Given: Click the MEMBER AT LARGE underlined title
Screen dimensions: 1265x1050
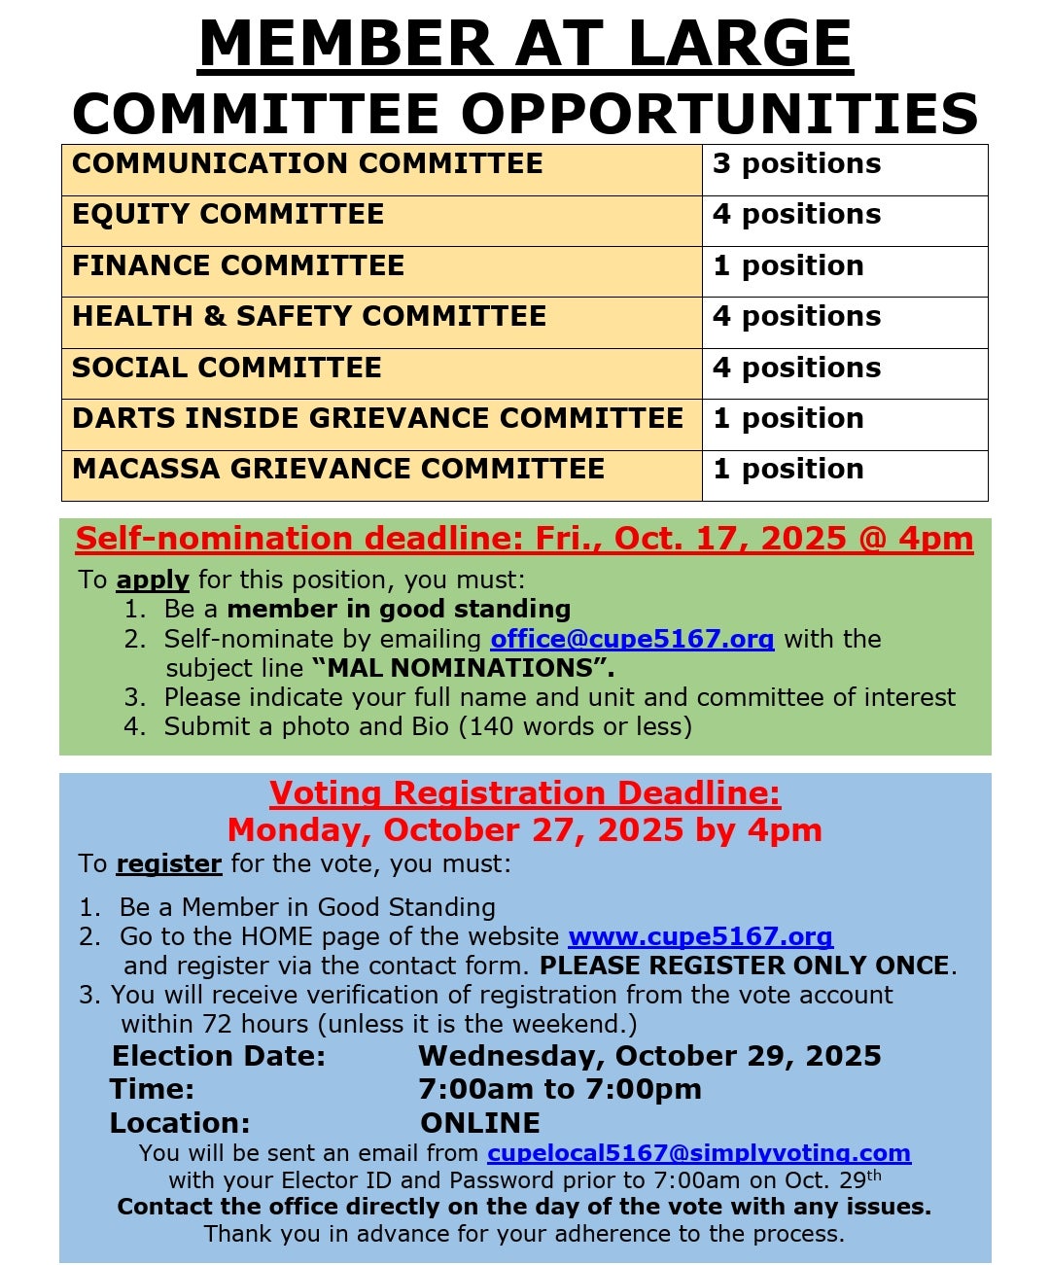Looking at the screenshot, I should coord(525,44).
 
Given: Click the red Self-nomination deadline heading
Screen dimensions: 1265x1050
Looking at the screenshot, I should coord(524,539).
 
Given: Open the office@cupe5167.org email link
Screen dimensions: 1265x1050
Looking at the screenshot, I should coord(632,639).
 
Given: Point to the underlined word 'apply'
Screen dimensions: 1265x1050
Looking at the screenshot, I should coord(153,580).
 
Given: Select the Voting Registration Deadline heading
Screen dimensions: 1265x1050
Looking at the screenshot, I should coord(525,793).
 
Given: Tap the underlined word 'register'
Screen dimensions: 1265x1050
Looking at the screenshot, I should coord(169,864).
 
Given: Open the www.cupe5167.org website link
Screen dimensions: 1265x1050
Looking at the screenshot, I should coord(700,937).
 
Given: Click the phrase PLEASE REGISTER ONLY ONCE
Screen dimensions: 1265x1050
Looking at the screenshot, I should coord(745,966).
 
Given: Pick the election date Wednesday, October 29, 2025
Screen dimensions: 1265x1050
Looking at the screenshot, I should coord(649,1057).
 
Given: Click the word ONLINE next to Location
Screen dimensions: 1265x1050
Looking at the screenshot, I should coord(480,1123).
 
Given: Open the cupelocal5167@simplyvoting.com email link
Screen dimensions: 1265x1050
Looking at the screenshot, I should coord(699,1153).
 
